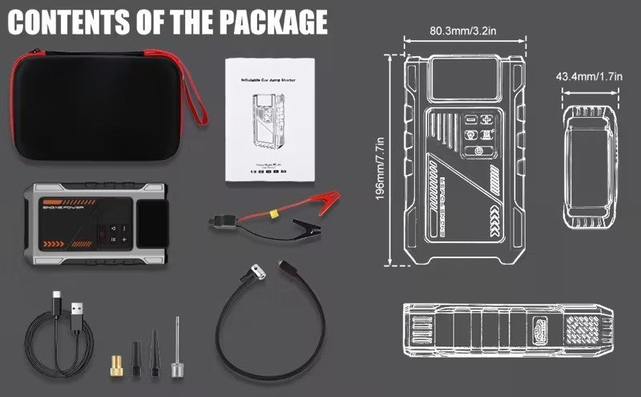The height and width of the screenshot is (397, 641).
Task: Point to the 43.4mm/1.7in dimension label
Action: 590,77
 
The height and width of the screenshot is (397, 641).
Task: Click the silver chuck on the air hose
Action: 255,272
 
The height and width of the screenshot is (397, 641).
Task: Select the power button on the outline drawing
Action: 478,151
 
